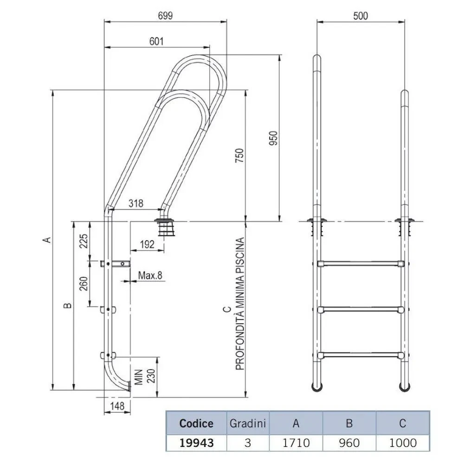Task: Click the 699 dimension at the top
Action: click(x=164, y=15)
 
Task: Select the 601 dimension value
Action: click(x=156, y=41)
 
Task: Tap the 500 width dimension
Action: click(x=360, y=15)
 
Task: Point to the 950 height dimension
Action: click(x=274, y=138)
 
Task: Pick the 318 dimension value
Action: click(x=136, y=203)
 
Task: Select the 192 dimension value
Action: click(x=147, y=245)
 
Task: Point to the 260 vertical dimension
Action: click(x=84, y=283)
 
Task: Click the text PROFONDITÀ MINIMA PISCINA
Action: click(x=239, y=304)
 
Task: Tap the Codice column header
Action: click(x=196, y=423)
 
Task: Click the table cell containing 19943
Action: click(x=196, y=442)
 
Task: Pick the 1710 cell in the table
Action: click(x=296, y=442)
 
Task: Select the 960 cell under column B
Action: click(x=349, y=442)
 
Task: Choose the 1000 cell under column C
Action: click(x=402, y=442)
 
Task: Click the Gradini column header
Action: click(x=248, y=423)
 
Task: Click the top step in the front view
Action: click(x=361, y=264)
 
